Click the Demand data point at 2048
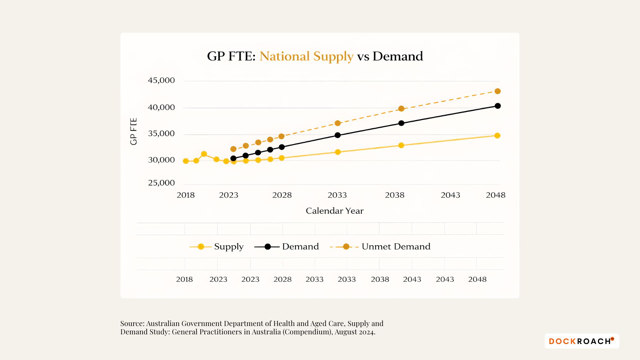[x=497, y=106]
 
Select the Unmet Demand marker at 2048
[x=497, y=91]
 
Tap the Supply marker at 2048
[x=497, y=136]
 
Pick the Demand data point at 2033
[x=338, y=135]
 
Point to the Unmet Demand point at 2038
[x=401, y=109]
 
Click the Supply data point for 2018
[x=186, y=161]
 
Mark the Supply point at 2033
[x=338, y=152]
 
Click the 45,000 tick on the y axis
[x=161, y=80]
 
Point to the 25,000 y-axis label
[x=161, y=183]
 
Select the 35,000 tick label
[x=161, y=133]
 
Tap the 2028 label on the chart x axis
[x=282, y=195]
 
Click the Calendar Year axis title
[x=334, y=211]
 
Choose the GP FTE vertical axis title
[x=133, y=131]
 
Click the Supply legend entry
[x=228, y=247]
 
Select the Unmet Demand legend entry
[x=396, y=247]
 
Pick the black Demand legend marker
[x=267, y=247]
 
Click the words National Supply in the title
[x=306, y=56]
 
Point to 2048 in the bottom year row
[x=477, y=279]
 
